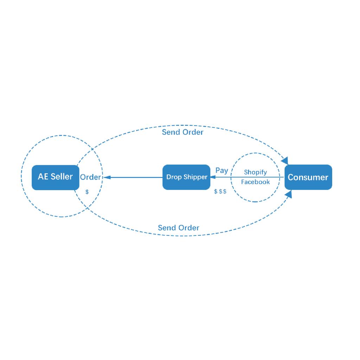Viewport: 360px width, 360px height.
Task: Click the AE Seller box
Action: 56,178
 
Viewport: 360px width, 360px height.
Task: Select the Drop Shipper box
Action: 186,177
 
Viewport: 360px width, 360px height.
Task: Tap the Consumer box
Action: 308,177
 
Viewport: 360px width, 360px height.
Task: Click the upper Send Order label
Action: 182,132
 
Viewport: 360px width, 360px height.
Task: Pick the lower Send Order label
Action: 178,228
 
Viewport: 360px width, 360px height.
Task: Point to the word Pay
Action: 221,171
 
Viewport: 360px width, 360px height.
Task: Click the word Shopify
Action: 255,172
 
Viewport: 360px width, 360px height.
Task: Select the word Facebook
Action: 255,182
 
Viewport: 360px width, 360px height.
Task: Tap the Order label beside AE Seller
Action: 90,177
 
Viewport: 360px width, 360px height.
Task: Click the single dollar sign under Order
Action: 87,192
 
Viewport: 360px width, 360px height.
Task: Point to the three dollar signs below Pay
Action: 220,191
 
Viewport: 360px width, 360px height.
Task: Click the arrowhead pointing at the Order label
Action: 107,177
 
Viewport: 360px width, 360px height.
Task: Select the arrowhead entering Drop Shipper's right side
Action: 213,177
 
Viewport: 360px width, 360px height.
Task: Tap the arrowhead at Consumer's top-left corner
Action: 285,161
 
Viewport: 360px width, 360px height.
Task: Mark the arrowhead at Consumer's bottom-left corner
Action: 289,194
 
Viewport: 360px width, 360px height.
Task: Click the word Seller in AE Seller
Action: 62,176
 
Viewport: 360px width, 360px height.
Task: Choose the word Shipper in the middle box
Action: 195,177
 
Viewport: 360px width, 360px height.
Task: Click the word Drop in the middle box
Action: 174,177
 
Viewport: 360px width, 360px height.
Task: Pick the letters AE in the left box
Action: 43,176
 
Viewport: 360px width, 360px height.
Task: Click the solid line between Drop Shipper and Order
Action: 133,177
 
